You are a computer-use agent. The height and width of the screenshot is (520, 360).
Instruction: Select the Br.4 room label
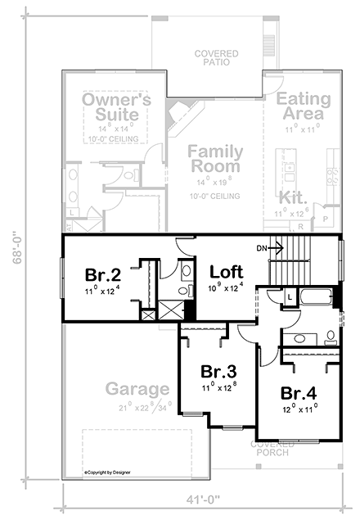tap(297, 392)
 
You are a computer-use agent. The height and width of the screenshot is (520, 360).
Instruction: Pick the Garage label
tap(137, 388)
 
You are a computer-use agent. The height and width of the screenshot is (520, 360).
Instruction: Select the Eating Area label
tap(303, 106)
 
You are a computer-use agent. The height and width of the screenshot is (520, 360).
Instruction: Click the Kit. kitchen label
tap(292, 198)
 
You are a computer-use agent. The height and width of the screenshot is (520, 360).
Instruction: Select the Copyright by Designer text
tap(106, 473)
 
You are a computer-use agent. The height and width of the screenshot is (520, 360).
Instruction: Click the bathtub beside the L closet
tap(315, 298)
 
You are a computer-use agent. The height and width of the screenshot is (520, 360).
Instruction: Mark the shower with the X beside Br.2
tap(148, 314)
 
